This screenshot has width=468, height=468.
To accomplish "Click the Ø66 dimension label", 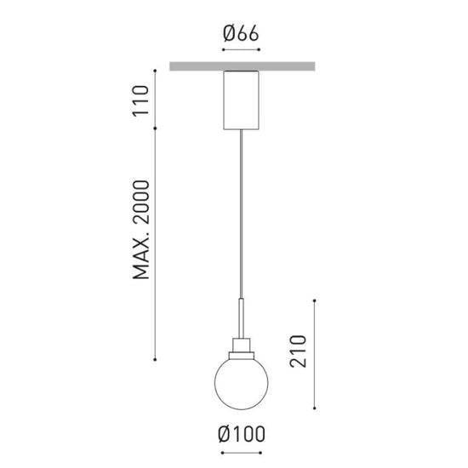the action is [241, 33].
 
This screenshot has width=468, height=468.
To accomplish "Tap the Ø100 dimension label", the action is [242, 434].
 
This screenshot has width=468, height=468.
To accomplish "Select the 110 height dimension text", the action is [140, 101].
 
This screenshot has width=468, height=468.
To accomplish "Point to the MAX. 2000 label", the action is [140, 230].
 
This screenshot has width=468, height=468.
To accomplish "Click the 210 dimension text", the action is [298, 351].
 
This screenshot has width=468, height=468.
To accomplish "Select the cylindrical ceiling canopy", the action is [241, 100].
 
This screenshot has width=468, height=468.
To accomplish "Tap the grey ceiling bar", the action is [243, 66].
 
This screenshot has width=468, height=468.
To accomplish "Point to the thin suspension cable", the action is [241, 214].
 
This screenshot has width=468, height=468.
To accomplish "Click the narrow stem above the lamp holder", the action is [241, 318].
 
